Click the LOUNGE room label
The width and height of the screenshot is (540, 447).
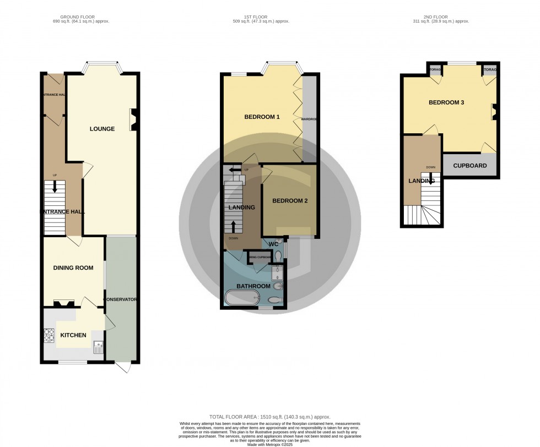pyautogui.click(x=102, y=129)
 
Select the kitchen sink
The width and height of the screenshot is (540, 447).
pyautogui.click(x=98, y=347)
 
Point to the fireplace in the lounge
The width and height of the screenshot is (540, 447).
pyautogui.click(x=133, y=120)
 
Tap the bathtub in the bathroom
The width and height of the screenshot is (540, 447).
pyautogui.click(x=241, y=298)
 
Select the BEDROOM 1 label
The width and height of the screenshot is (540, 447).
pyautogui.click(x=262, y=117)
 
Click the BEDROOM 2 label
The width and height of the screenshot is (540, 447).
pyautogui.click(x=290, y=200)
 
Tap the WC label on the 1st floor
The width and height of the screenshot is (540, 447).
pyautogui.click(x=273, y=243)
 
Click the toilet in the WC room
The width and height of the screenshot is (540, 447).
pyautogui.click(x=278, y=256)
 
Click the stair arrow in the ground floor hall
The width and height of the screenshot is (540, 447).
pyautogui.click(x=55, y=187)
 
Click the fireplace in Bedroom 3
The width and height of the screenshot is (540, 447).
pyautogui.click(x=494, y=112)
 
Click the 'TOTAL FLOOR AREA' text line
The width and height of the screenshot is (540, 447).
pyautogui.click(x=270, y=417)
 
